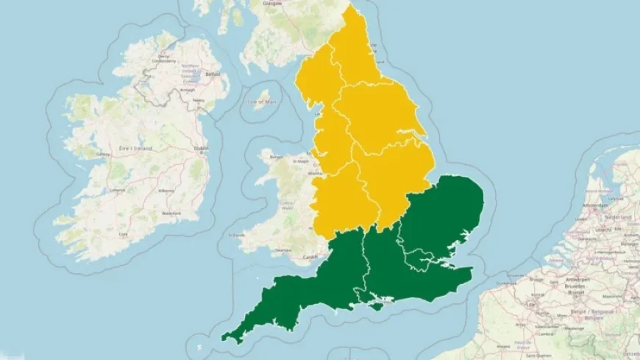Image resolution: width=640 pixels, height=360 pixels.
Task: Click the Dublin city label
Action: (x=201, y=148)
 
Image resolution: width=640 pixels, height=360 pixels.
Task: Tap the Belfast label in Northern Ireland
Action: (x=213, y=75)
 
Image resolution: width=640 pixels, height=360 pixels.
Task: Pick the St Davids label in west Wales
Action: (x=237, y=236)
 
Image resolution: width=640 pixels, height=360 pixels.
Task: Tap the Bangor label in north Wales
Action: (x=277, y=157)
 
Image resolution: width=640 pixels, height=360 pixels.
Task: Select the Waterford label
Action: (x=172, y=214)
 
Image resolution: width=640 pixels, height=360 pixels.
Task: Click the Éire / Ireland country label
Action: (x=137, y=149)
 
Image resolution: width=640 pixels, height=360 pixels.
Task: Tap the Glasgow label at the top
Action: (x=274, y=3)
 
